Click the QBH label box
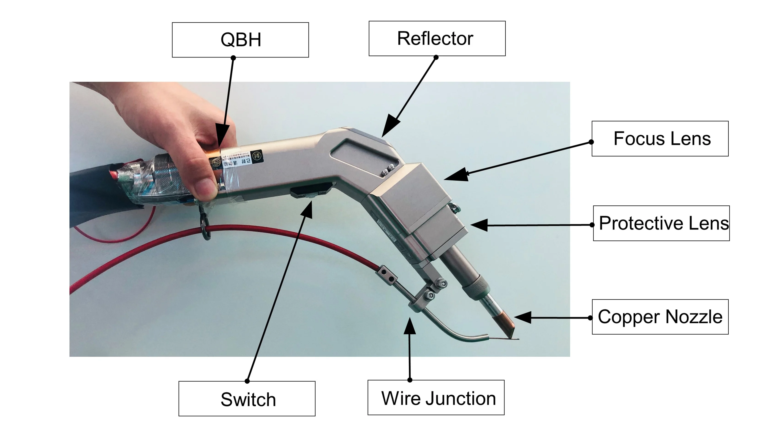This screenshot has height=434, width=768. tap(240, 40)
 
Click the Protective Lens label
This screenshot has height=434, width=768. tap(661, 223)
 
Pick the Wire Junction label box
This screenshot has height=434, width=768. tap(436, 397)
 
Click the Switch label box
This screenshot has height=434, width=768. tap(247, 399)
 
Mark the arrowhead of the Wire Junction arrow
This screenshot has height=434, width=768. tap(410, 326)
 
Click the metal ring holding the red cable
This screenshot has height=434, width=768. tap(205, 228)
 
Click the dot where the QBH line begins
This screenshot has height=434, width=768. tap(233, 57)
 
